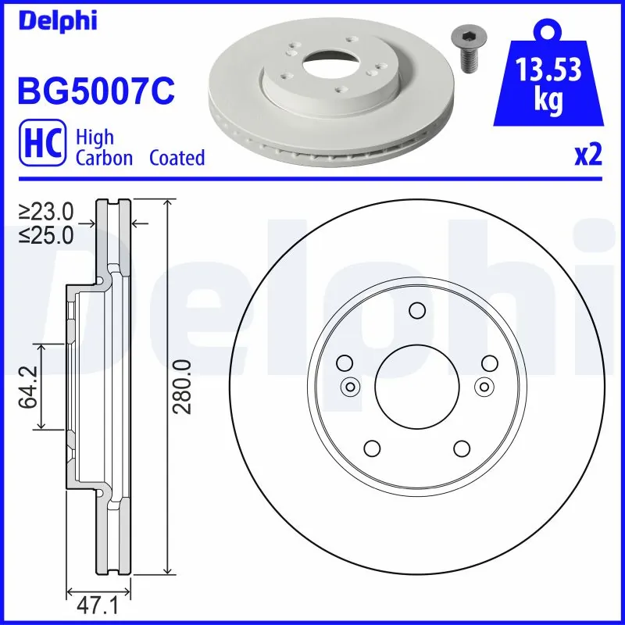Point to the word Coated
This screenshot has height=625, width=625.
click(x=177, y=158)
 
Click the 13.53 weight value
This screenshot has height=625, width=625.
click(x=549, y=70)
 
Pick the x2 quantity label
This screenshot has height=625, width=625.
click(x=588, y=155)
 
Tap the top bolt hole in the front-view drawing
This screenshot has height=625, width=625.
click(x=416, y=312)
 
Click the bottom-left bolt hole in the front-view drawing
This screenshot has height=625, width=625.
click(x=372, y=448)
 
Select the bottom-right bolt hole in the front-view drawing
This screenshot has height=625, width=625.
click(x=461, y=448)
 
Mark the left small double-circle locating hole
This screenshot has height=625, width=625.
click(x=349, y=386)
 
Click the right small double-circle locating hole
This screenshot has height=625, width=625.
click(x=484, y=386)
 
